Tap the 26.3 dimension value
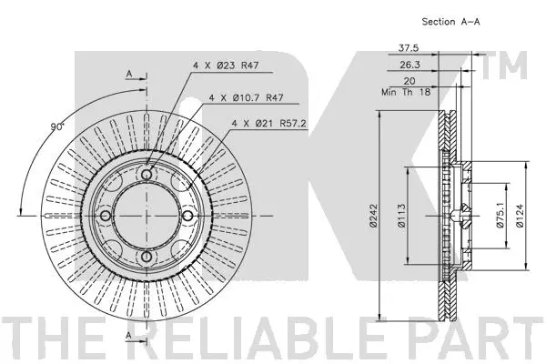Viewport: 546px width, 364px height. (409, 65)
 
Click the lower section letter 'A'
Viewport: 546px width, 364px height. (129, 336)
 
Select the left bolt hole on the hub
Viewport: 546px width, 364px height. (105, 216)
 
